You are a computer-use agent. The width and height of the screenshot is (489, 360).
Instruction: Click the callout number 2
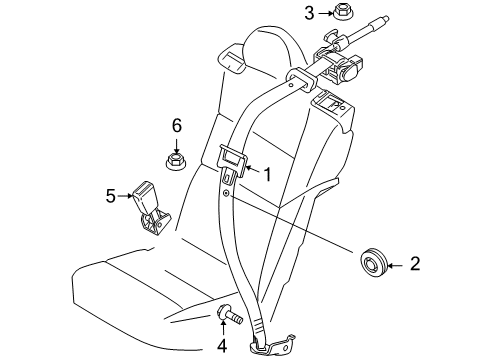tap(415, 266)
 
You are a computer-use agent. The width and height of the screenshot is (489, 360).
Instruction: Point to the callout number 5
tap(111, 197)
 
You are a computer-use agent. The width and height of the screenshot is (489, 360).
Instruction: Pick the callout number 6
tap(177, 125)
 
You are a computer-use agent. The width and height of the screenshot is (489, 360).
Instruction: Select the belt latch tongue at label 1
tap(232, 162)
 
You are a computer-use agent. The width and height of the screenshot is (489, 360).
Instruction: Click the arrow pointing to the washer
tap(396, 266)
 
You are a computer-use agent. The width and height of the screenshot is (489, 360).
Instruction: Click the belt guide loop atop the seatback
tap(298, 80)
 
